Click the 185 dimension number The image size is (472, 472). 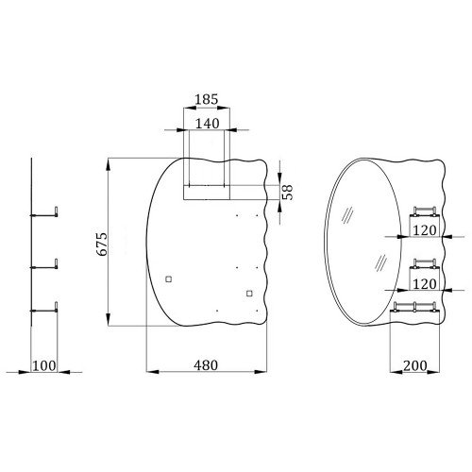[x=207, y=99]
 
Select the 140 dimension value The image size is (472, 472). [x=208, y=124]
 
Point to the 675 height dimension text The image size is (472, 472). [x=102, y=244]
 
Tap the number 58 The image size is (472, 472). [x=287, y=192]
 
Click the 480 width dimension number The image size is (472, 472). [x=206, y=365]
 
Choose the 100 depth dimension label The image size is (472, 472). [x=44, y=366]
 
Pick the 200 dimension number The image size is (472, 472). [x=415, y=365]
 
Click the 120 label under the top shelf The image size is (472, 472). [x=425, y=230]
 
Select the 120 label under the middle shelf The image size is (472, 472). [x=425, y=284]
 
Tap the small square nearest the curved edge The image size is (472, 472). [x=169, y=279]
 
